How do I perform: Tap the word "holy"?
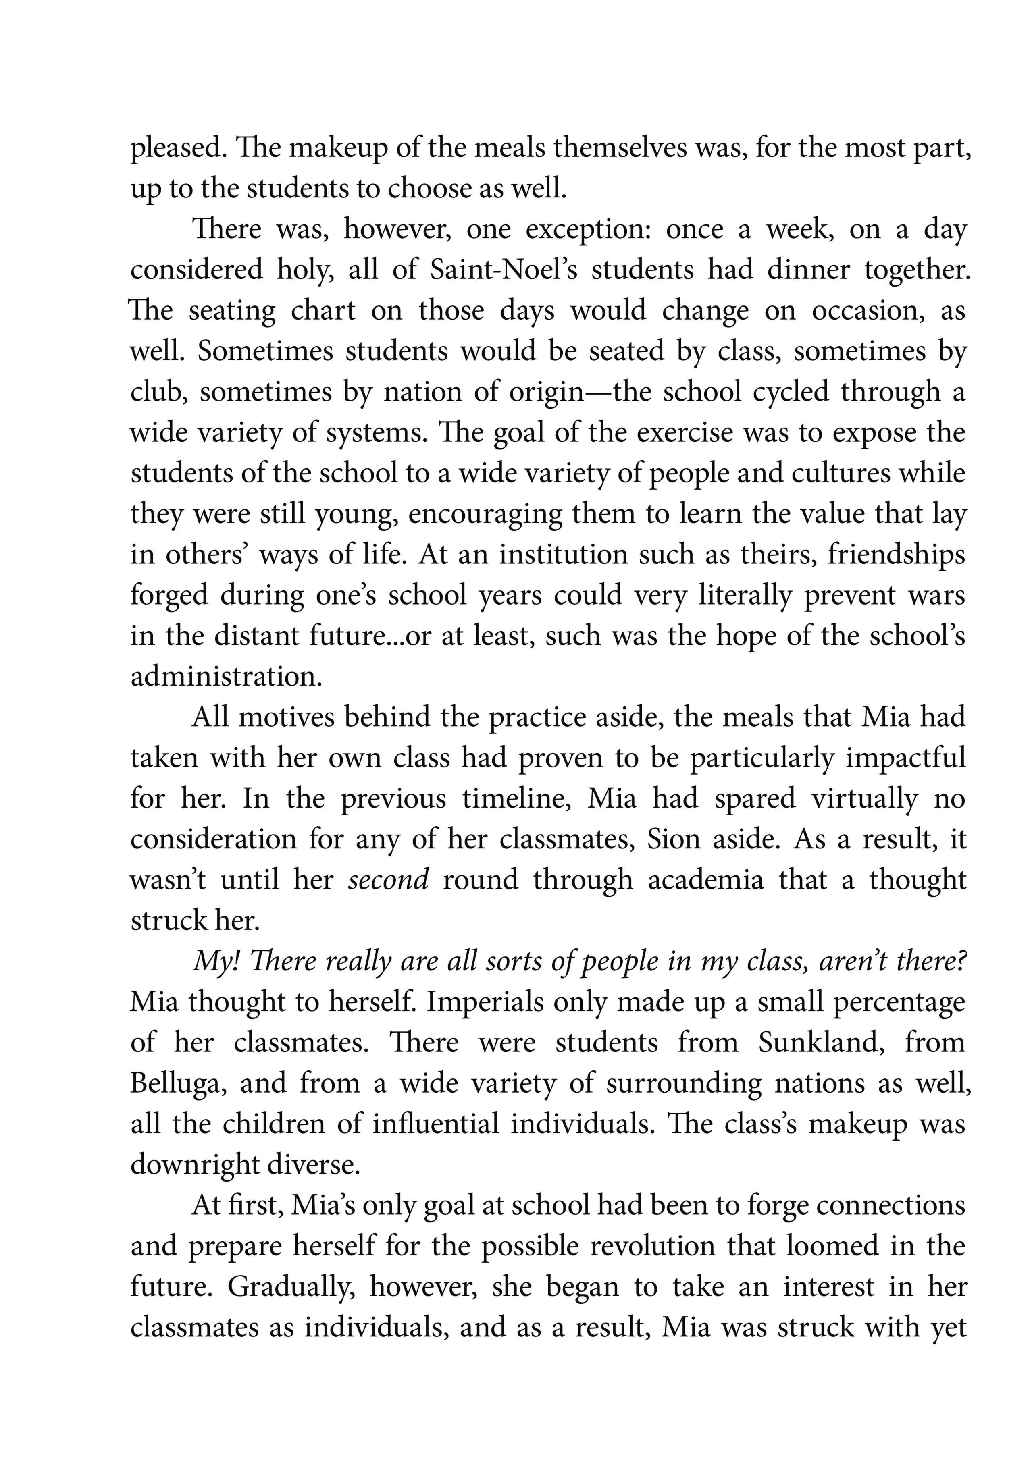click(x=305, y=270)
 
